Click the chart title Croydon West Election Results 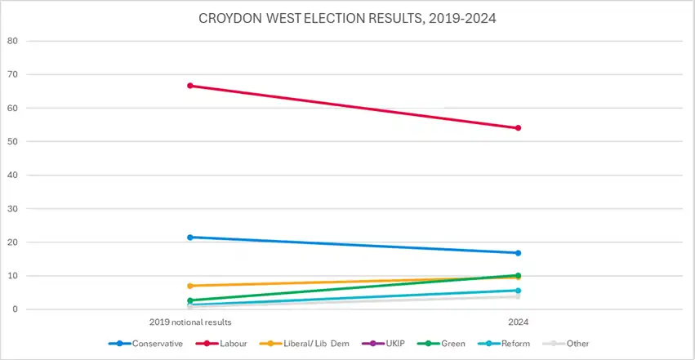347,18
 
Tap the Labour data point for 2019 190,86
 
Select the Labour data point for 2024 518,128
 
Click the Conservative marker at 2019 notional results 190,238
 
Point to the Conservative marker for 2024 518,253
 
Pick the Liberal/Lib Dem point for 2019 190,286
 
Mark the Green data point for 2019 190,300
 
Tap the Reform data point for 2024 518,291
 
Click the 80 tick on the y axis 12,41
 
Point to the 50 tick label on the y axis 12,142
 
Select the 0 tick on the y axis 15,309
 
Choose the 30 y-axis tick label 12,208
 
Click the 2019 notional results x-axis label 190,322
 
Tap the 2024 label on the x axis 518,322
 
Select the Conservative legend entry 145,344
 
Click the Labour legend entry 221,344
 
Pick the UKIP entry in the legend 383,344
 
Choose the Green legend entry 442,344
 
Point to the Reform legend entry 504,344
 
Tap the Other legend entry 566,344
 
